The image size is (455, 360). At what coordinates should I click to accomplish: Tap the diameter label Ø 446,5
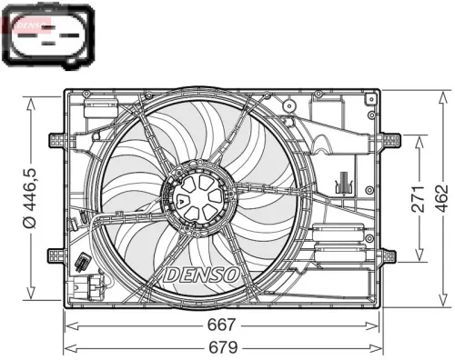click(29, 197)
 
